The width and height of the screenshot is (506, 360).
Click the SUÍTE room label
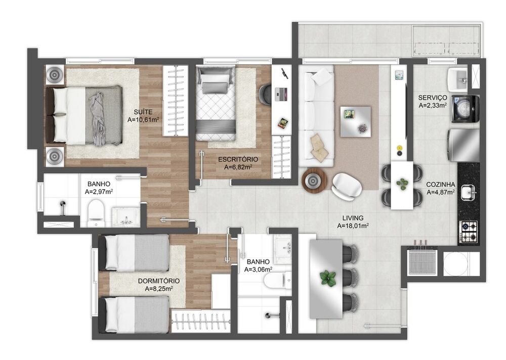click(143, 112)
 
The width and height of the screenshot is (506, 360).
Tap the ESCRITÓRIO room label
click(238, 159)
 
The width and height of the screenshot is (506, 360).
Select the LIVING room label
click(353, 218)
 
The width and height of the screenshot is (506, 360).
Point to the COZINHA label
click(441, 185)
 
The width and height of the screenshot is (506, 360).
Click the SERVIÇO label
click(433, 98)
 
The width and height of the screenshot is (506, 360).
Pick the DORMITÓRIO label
click(159, 281)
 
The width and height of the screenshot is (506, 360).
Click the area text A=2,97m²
click(99, 192)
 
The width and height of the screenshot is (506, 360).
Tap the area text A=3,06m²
click(258, 269)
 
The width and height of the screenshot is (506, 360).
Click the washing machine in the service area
click(466, 109)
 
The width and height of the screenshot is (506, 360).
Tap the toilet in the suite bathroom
click(96, 213)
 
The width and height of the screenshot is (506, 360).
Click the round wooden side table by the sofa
click(314, 181)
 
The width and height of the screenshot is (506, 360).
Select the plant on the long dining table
click(328, 278)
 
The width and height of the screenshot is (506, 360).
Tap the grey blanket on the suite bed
click(98, 119)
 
